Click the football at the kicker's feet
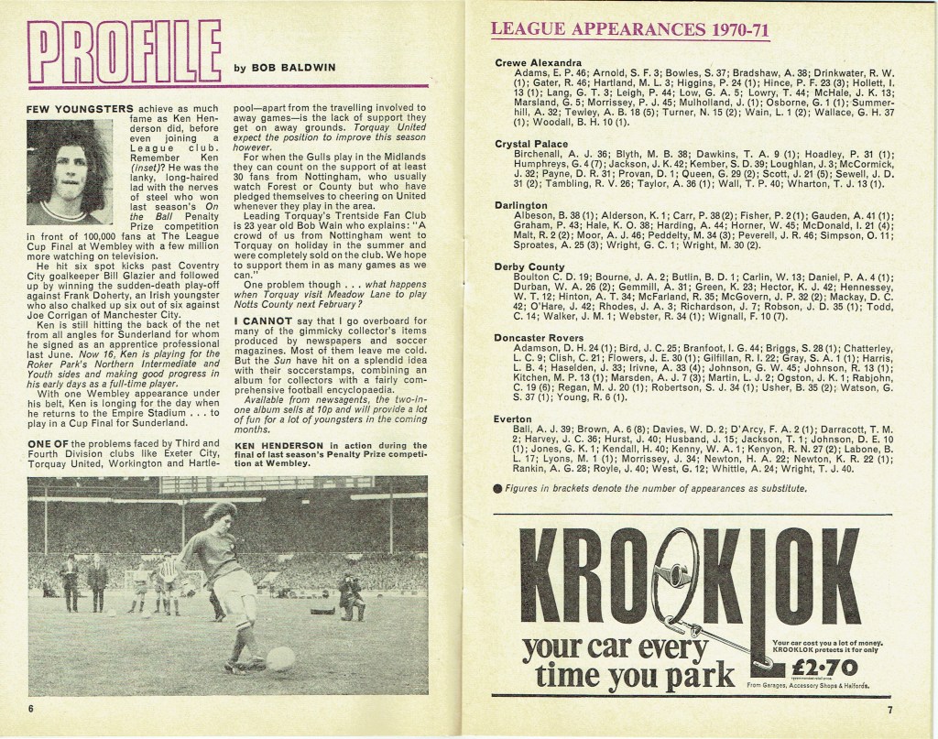[278, 657]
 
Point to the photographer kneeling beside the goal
[350, 592]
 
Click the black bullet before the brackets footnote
[497, 489]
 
